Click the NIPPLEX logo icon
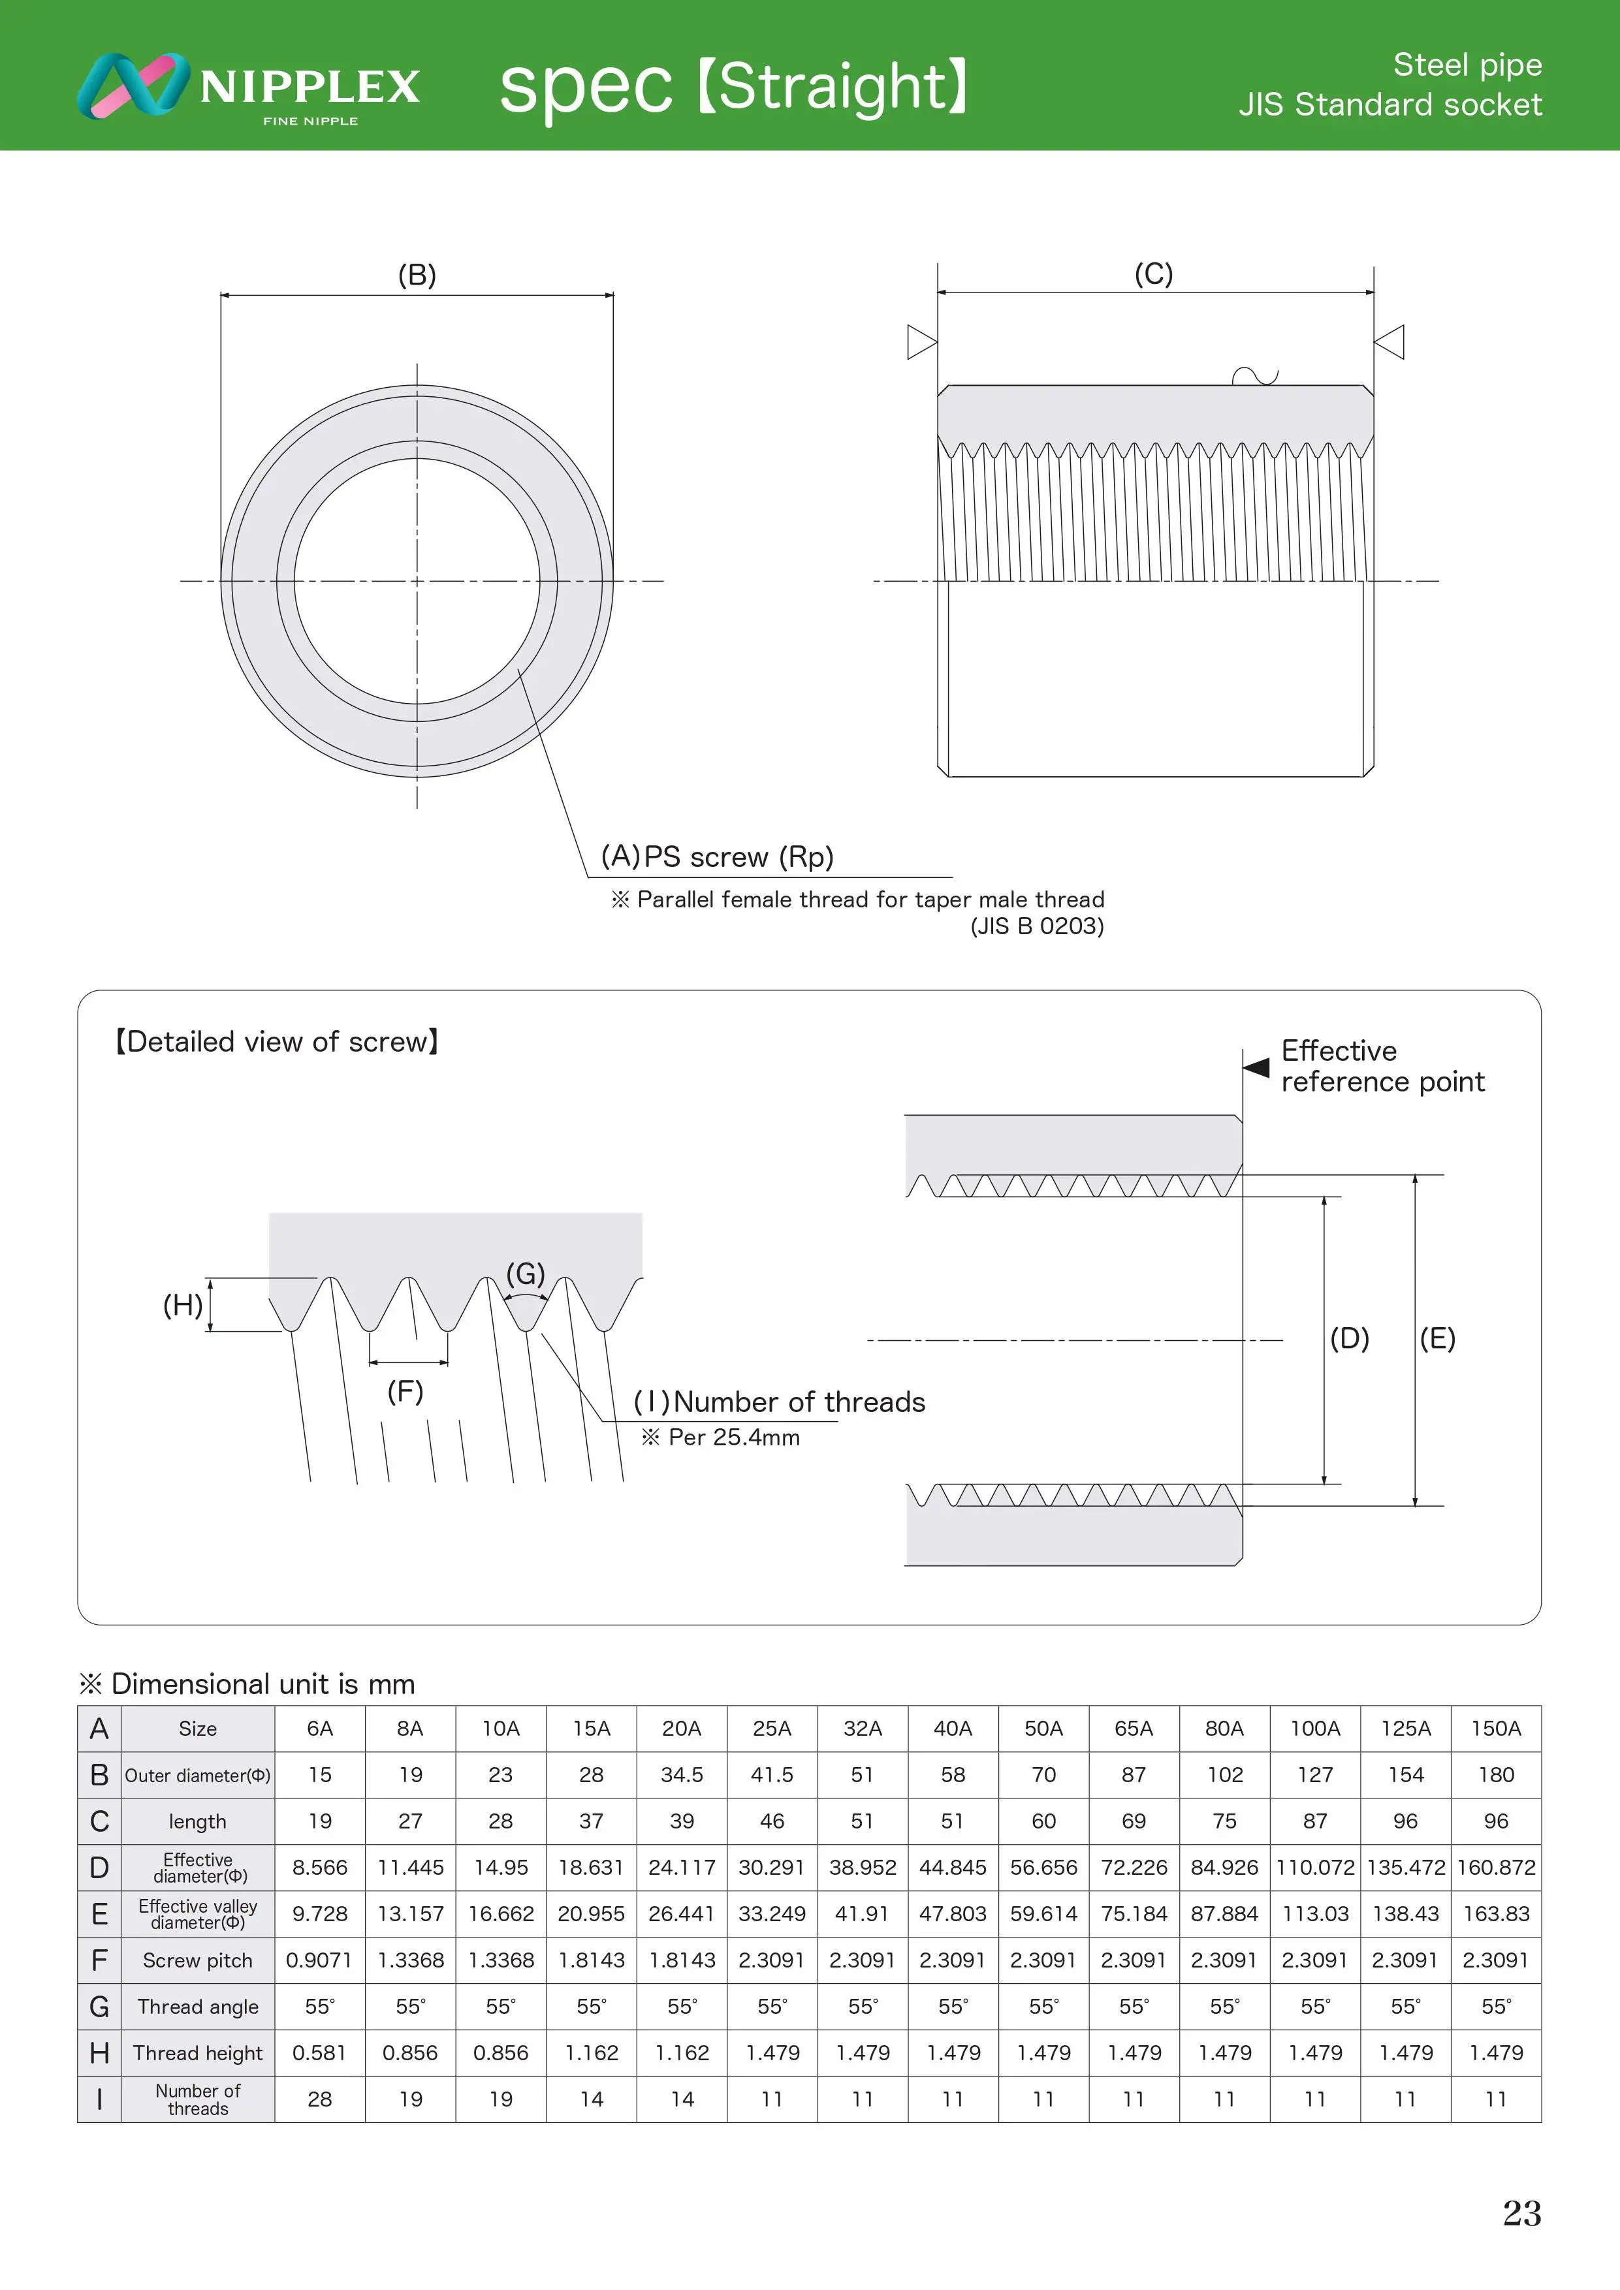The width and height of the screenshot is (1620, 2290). [x=132, y=86]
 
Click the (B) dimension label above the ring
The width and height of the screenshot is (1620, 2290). [x=417, y=275]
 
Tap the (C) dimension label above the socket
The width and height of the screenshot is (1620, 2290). [x=1153, y=274]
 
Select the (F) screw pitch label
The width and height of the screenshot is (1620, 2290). [x=405, y=1391]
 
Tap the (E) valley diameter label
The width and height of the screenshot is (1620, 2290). [x=1437, y=1338]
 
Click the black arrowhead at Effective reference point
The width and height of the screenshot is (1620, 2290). [x=1256, y=1067]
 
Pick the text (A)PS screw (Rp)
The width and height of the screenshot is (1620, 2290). [x=716, y=856]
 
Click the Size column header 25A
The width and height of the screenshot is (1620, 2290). [x=771, y=1729]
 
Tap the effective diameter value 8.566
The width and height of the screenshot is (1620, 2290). [x=319, y=1867]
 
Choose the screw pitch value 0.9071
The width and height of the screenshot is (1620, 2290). [x=319, y=1960]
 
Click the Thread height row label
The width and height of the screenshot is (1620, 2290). [x=197, y=2052]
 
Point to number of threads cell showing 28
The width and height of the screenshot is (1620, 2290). [x=319, y=2099]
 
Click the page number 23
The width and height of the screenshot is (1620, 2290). [x=1521, y=2213]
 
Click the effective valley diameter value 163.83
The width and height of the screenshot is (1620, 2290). [x=1495, y=1914]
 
